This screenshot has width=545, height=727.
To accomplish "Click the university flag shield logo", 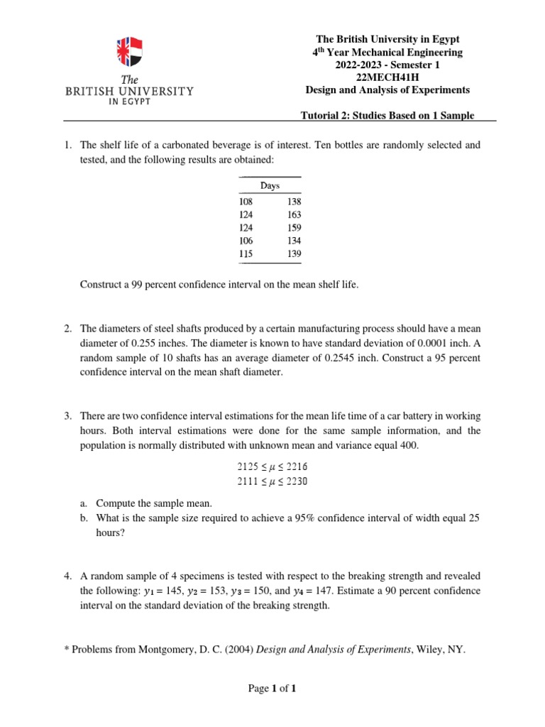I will [129, 52].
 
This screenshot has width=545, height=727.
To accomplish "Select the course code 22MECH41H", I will [387, 77].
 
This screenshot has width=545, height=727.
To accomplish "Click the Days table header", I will [270, 185].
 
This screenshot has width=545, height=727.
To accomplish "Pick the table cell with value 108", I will [246, 202].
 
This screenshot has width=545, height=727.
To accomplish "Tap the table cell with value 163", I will [294, 215].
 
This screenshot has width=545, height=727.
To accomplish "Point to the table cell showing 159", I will [294, 228].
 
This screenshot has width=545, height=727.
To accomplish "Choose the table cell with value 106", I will [246, 241].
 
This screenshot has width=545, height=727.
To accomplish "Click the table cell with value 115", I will [246, 253].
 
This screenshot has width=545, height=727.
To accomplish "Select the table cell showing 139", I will [294, 253].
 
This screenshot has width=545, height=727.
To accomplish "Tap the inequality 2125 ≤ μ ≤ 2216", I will [272, 466].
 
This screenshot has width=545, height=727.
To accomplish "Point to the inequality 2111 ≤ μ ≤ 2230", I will [272, 482].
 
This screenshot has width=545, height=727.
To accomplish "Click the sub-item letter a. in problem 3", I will [84, 503].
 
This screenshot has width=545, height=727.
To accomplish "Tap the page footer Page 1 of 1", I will [272, 689].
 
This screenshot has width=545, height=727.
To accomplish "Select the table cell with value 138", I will [294, 202].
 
